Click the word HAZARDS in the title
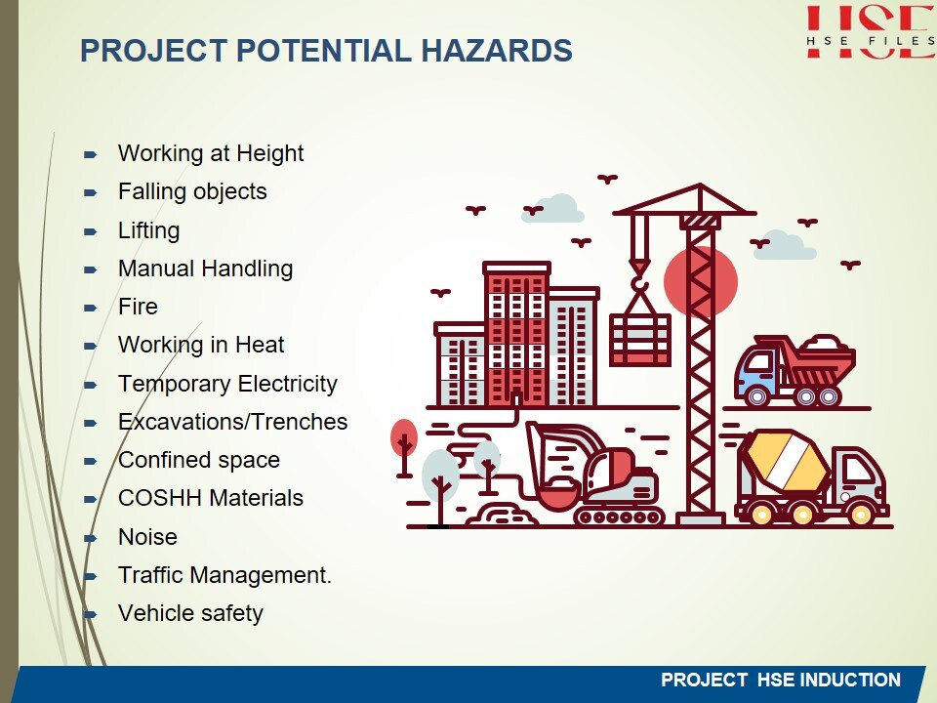[x=497, y=50]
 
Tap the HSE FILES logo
[x=871, y=32]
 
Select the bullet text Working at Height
[x=211, y=154]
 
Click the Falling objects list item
[x=192, y=192]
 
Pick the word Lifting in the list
[x=148, y=230]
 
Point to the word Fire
[x=138, y=307]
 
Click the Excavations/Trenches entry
[x=232, y=422]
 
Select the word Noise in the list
[x=147, y=537]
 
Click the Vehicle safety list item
[x=190, y=614]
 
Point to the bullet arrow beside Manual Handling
[x=90, y=269]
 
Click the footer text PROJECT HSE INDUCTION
[x=781, y=681]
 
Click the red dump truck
[x=794, y=371]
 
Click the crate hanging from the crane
[x=640, y=340]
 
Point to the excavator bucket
[x=558, y=494]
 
